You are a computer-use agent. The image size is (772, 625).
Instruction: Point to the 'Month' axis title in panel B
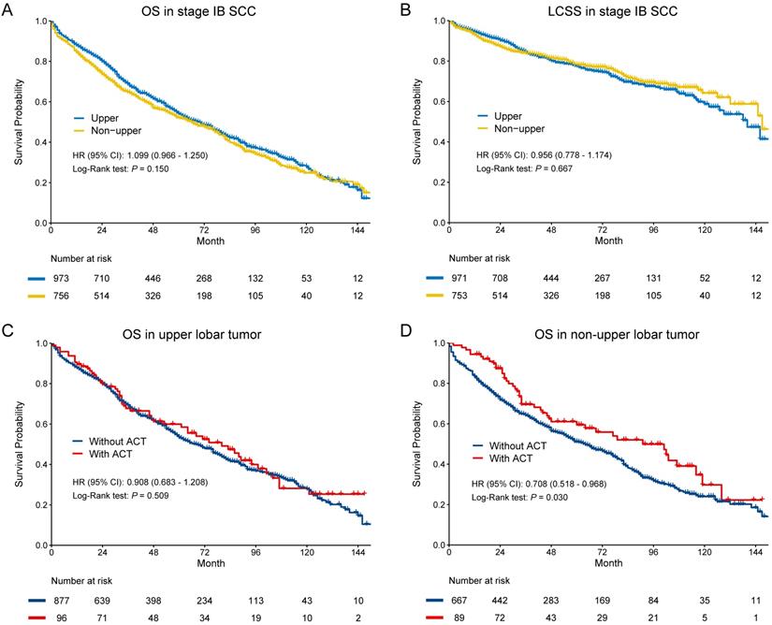[608, 240]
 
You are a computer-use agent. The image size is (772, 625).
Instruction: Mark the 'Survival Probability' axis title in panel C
[17, 443]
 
